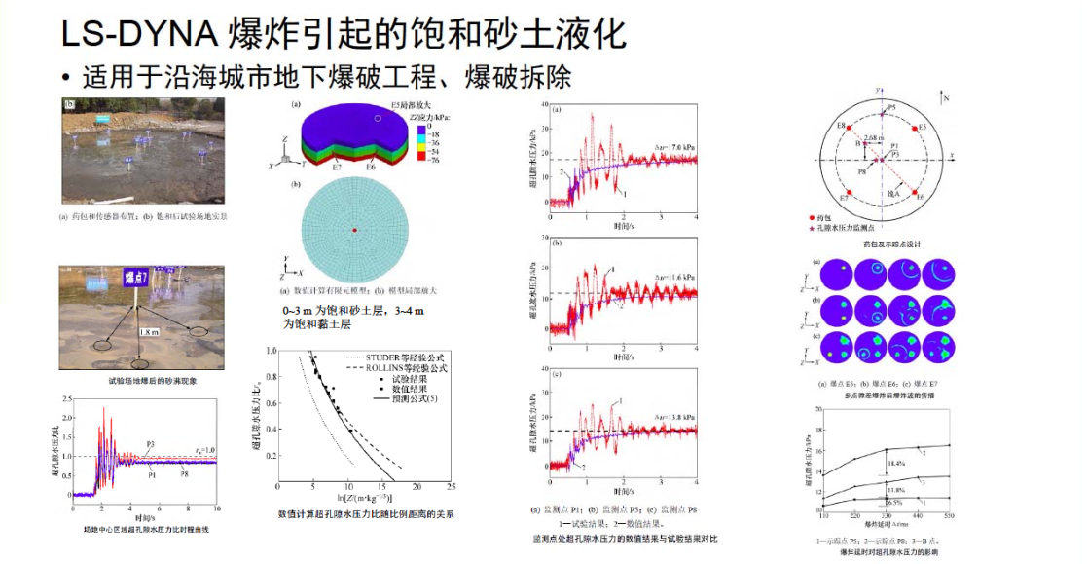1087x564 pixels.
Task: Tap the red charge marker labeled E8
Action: (850, 129)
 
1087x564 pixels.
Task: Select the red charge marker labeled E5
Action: (915, 129)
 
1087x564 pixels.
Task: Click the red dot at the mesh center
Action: (356, 230)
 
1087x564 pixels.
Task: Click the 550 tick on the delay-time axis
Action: (950, 514)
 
